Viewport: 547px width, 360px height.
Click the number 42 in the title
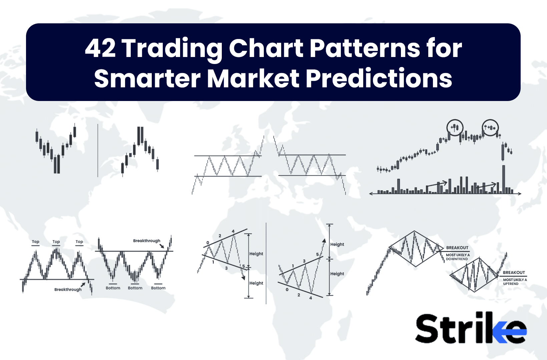100,49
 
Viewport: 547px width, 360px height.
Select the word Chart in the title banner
266,49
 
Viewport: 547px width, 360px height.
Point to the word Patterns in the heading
365,49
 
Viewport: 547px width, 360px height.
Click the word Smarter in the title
147,79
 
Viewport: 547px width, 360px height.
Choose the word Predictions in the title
379,79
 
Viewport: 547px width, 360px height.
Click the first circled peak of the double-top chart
455,127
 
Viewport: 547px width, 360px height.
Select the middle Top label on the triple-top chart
56,242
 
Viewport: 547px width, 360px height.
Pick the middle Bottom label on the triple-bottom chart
135,288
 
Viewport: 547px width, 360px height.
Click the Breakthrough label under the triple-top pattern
68,289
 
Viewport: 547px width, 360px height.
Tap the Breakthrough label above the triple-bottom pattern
146,241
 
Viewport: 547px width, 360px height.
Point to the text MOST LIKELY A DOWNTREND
458,257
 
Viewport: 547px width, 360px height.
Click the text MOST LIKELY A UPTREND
515,282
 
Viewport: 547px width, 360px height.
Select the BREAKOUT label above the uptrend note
514,273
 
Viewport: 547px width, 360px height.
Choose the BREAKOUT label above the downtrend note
457,248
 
